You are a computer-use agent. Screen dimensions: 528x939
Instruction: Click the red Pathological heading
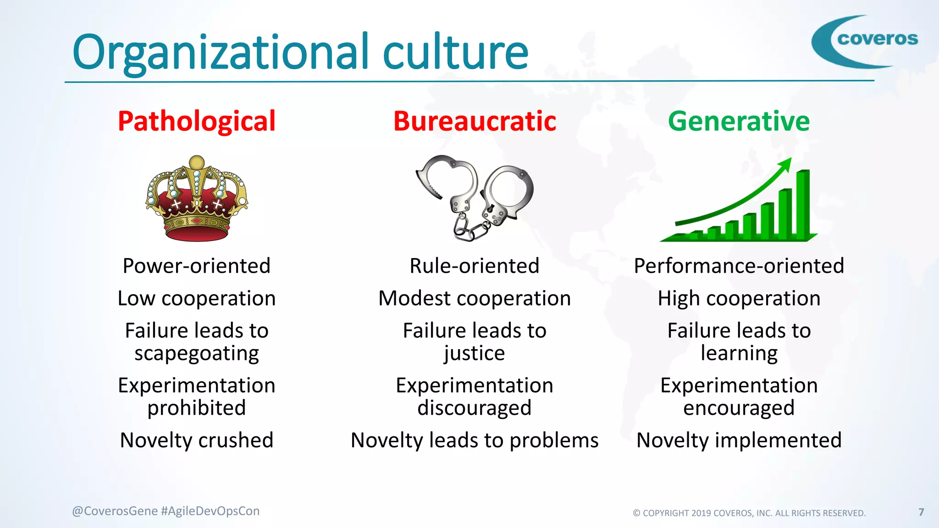pyautogui.click(x=197, y=121)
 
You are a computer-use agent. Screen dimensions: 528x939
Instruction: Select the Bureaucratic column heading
pyautogui.click(x=475, y=121)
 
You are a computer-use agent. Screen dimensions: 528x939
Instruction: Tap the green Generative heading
pyautogui.click(x=739, y=121)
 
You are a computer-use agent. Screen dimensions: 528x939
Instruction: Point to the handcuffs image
pyautogui.click(x=475, y=197)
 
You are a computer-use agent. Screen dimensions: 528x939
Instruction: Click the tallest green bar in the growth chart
pyautogui.click(x=803, y=204)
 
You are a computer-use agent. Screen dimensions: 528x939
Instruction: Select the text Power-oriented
pyautogui.click(x=197, y=266)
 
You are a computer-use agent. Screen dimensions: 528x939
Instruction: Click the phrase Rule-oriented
pyautogui.click(x=475, y=266)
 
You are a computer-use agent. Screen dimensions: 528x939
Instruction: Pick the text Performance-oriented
pyautogui.click(x=739, y=266)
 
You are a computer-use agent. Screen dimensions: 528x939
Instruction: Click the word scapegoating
pyautogui.click(x=197, y=353)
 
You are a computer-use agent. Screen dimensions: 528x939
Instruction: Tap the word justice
pyautogui.click(x=475, y=353)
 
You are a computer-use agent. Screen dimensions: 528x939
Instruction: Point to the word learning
pyautogui.click(x=739, y=353)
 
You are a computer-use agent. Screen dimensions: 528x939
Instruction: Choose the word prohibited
pyautogui.click(x=197, y=408)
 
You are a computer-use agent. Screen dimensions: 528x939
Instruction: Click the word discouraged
pyautogui.click(x=475, y=408)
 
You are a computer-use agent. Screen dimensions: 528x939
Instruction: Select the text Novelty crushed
pyautogui.click(x=197, y=440)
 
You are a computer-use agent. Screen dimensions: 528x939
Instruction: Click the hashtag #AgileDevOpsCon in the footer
pyautogui.click(x=210, y=511)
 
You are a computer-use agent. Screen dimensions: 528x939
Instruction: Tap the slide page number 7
pyautogui.click(x=921, y=512)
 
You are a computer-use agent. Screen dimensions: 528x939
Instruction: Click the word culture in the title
pyautogui.click(x=455, y=52)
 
